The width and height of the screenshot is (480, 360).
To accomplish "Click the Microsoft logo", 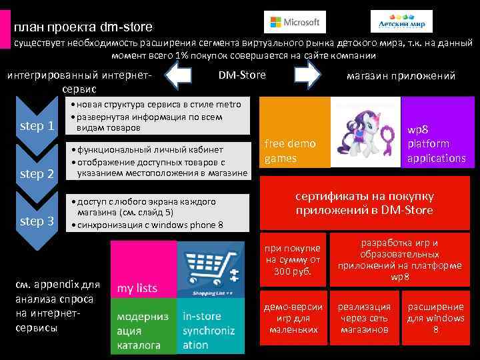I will [x=295, y=22].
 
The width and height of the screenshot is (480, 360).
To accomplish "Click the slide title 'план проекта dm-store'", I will [x=83, y=27].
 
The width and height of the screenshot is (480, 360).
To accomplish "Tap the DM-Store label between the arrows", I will [x=242, y=75].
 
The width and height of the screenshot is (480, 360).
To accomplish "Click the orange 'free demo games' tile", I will [x=295, y=132].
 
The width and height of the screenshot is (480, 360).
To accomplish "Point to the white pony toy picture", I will [x=365, y=132].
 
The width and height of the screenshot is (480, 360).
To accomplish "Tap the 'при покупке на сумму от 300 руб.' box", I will [x=293, y=256].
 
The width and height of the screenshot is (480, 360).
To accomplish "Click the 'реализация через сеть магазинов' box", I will [x=364, y=319].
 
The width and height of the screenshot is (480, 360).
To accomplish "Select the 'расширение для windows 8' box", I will [x=435, y=319].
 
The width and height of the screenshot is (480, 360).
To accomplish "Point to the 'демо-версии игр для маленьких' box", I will [x=293, y=319].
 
